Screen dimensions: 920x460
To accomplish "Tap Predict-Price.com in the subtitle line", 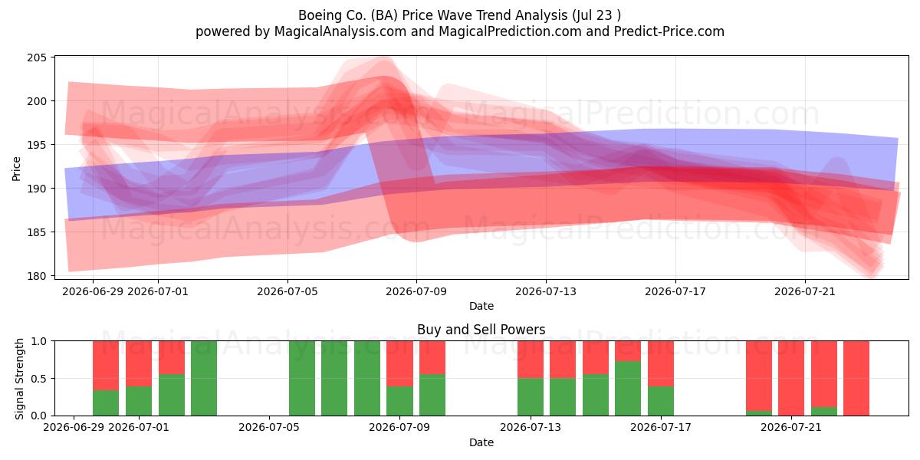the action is click(x=669, y=31).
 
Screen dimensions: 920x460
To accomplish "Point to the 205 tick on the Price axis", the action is click(x=37, y=58).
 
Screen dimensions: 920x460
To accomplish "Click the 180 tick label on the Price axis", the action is click(x=37, y=276).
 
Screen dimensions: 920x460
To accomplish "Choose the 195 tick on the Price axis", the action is click(x=37, y=145).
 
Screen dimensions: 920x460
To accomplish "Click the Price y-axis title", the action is click(x=16, y=169).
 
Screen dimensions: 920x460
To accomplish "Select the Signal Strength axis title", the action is click(x=19, y=379).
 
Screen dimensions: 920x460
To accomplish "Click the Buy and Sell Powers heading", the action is click(x=481, y=330).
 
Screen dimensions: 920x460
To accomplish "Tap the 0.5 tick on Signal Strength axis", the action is click(x=39, y=378).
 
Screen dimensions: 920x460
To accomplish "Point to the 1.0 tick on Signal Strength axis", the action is click(x=39, y=341).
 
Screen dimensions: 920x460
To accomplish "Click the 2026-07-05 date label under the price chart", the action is click(x=287, y=291).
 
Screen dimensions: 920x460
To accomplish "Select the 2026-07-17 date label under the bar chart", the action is click(x=661, y=428).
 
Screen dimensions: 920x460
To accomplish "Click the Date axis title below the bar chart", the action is click(x=481, y=443).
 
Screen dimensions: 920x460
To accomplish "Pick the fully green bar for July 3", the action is click(x=204, y=378).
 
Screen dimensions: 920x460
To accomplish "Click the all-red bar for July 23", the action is click(x=856, y=378).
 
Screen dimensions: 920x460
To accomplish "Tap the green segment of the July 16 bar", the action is click(x=628, y=389).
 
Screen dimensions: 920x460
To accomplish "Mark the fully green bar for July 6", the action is click(x=302, y=378).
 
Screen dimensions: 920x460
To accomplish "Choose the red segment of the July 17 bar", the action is click(x=661, y=364).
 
